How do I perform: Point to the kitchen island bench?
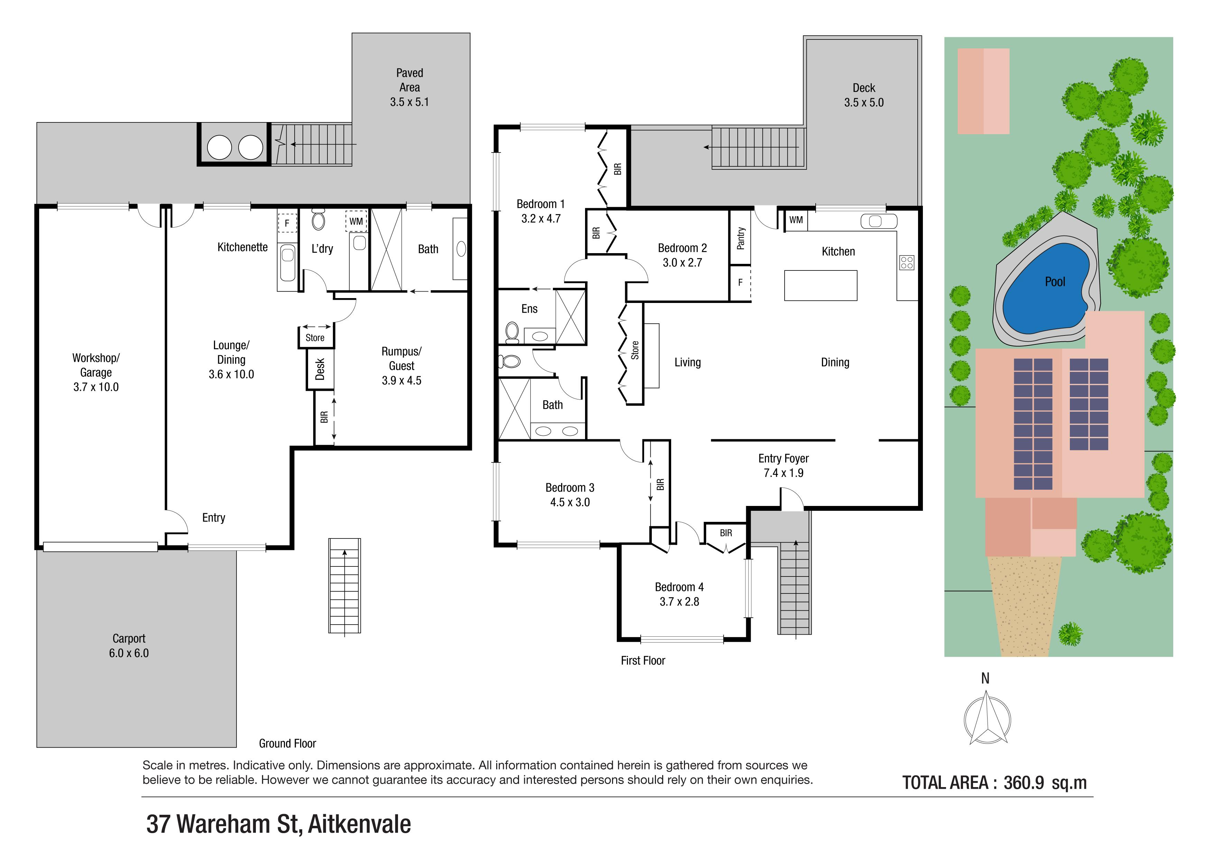(x=821, y=285)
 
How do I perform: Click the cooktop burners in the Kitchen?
(x=907, y=262)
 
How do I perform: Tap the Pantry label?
(x=741, y=238)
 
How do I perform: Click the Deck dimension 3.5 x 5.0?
(x=864, y=102)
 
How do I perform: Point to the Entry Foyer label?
(x=784, y=459)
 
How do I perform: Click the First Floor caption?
(x=643, y=661)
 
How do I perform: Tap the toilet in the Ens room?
(x=511, y=332)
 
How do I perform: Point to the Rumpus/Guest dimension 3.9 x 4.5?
(x=401, y=380)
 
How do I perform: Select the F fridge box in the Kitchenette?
(x=287, y=223)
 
